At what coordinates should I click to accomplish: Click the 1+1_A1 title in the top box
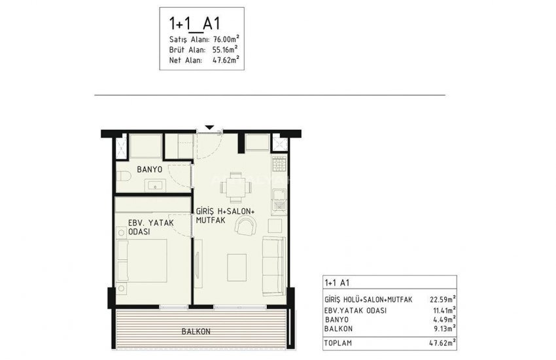click(x=195, y=24)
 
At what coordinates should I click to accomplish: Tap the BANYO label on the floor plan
click(x=148, y=170)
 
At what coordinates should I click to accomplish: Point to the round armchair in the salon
click(x=246, y=226)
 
